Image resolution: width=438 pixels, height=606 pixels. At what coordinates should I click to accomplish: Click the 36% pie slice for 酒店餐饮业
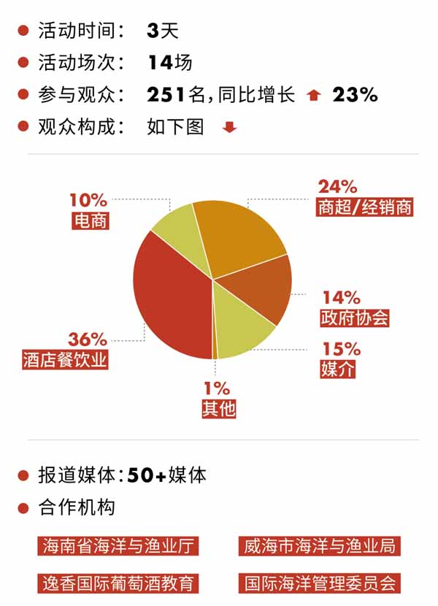point(172,299)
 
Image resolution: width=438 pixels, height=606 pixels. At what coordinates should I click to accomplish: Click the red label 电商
point(91,220)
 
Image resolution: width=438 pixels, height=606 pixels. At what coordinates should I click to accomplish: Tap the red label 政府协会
point(355,318)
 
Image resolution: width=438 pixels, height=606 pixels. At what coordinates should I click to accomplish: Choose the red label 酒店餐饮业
point(65,360)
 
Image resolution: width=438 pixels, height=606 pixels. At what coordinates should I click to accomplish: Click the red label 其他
point(219,408)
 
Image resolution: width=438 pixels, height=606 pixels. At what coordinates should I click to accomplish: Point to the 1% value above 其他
point(218,388)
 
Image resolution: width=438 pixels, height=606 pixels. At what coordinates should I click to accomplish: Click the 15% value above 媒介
point(342,349)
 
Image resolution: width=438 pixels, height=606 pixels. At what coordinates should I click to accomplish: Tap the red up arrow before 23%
point(314,95)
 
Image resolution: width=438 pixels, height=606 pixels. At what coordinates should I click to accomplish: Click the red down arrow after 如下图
point(230,128)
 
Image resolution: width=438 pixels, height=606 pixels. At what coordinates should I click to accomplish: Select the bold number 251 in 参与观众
point(166,94)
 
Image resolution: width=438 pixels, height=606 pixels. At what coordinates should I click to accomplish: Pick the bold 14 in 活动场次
point(159,63)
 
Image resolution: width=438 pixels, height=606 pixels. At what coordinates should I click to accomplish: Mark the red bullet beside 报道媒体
point(23,476)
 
